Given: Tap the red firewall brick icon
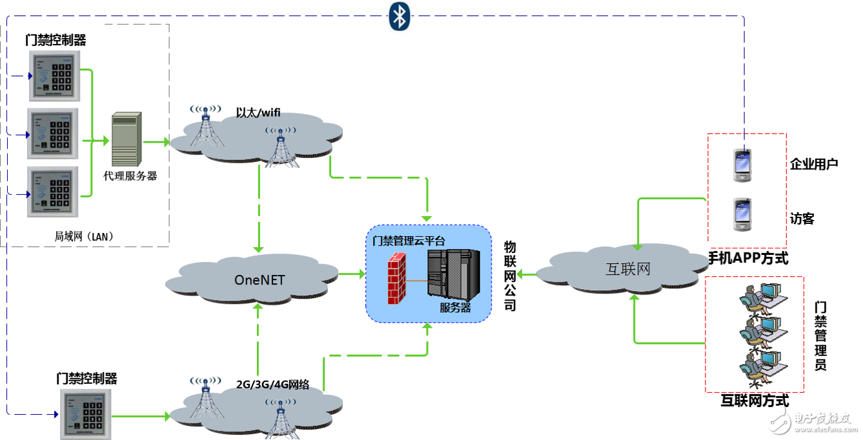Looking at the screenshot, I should [397, 279].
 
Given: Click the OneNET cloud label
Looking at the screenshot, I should [259, 279].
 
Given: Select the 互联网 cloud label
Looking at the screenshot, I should [627, 269].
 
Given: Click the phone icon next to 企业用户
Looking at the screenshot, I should [742, 166].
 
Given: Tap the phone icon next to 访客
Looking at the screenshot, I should [742, 215].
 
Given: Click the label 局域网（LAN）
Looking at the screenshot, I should [84, 236].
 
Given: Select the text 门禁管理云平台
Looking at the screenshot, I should [409, 241].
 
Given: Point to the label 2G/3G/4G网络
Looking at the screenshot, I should [272, 385].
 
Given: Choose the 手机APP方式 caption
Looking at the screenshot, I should [748, 259].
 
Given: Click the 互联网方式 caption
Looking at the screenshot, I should [754, 401].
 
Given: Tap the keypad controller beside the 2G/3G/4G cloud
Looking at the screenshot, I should [86, 413].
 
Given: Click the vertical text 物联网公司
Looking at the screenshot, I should [510, 276].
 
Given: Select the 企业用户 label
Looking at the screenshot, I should [814, 164].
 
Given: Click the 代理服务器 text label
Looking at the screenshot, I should [130, 175].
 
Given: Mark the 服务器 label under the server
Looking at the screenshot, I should [455, 308].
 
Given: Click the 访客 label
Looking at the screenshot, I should [802, 219].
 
